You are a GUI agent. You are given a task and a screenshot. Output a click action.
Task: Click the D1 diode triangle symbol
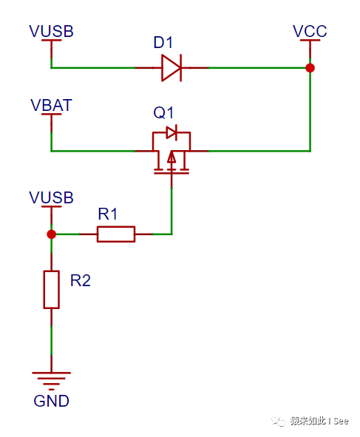coord(171,68)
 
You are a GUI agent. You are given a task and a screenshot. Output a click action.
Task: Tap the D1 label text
coord(163,42)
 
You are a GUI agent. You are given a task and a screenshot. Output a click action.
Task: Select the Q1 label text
coord(163,112)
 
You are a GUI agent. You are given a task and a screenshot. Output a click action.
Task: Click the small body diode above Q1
coord(171,132)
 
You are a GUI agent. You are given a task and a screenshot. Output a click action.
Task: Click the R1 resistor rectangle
coord(116,234)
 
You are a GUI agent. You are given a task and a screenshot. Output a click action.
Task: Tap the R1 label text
coord(107,214)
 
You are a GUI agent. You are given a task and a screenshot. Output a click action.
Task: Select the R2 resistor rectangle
coord(51,289)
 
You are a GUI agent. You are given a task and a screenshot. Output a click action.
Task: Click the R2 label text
coord(81,280)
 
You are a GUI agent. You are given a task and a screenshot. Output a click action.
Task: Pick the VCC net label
coord(310,31)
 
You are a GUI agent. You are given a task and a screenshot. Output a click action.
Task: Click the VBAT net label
coord(51,105)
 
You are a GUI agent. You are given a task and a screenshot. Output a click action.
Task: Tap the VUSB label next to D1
coord(51,31)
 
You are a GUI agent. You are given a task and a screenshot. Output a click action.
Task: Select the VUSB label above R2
coord(51,197)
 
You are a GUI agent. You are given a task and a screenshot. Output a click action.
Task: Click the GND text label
coord(51,401)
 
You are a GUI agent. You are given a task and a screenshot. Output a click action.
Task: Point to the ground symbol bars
coord(51,381)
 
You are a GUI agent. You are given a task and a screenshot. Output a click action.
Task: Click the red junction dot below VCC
coord(310,68)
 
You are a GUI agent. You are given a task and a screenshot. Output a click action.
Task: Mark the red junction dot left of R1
coord(51,234)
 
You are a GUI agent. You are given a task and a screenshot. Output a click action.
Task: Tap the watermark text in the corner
coord(319,421)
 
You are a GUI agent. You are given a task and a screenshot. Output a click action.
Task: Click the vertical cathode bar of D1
coord(181,68)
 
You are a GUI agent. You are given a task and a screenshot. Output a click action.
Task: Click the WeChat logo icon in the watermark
coord(279,421)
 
